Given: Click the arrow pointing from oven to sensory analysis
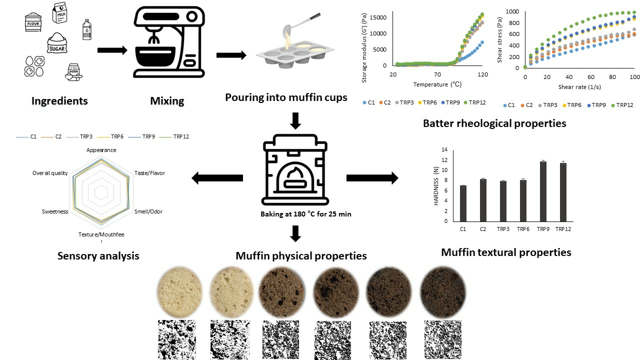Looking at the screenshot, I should coord(217,177).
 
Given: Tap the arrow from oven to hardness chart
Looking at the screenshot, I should coord(372,177).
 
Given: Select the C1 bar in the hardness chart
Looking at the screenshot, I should coord(463,203).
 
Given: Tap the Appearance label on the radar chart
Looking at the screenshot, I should coord(101,150).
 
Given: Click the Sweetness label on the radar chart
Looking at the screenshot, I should coord(55,211).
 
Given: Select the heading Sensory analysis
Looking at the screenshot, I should coord(98,256).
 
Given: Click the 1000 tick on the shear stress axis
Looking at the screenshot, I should coord(511,11).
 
